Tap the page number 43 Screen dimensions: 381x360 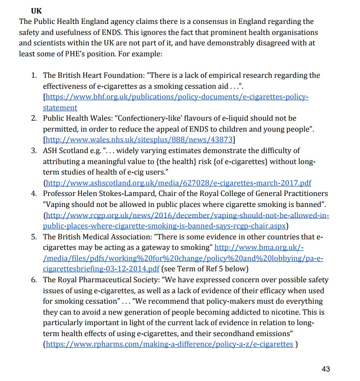326,369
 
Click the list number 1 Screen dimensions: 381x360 34,75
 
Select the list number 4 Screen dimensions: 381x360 34,193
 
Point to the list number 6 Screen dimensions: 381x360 34,280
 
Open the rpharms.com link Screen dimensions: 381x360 169,345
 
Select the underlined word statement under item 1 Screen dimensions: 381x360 60,108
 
